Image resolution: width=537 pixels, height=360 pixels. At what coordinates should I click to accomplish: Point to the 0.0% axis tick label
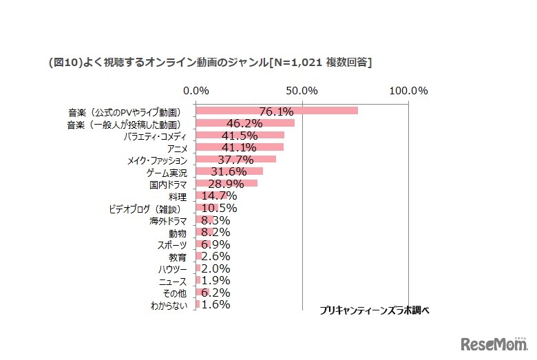coord(197,91)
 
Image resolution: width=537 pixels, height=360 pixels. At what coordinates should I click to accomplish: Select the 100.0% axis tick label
coord(409,91)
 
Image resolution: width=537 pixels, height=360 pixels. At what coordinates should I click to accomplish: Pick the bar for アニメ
coord(240,147)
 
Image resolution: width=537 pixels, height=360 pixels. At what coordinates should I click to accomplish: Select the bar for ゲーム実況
coord(229,171)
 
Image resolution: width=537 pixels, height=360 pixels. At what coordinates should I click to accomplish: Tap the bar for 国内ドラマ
coord(227,183)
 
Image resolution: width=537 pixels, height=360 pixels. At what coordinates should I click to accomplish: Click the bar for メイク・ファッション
coord(236,159)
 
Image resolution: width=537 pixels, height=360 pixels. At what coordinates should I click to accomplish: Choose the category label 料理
coord(178,196)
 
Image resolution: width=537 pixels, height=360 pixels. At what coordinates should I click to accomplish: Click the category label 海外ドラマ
coord(168,220)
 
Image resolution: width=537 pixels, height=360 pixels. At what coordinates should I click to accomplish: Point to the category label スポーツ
coord(172,244)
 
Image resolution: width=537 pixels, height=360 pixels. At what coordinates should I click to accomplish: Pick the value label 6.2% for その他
coord(215,293)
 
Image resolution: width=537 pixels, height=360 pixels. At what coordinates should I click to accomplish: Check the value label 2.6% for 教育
coord(215,256)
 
